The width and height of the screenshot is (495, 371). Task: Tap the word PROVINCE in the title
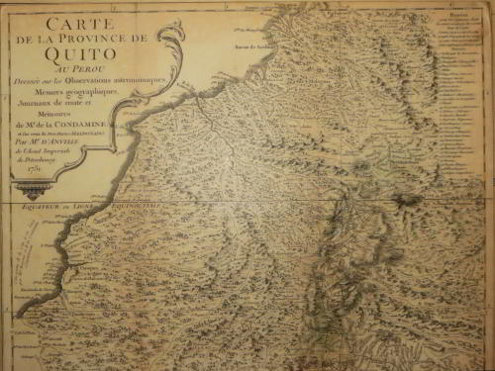pyautogui.click(x=95, y=37)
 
